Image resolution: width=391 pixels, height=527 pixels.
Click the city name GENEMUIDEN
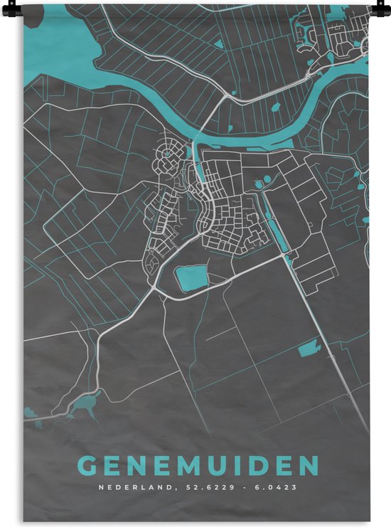[197, 467]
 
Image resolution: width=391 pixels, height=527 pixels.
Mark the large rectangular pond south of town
[191, 277]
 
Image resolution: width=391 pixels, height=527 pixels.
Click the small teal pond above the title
[309, 349]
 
